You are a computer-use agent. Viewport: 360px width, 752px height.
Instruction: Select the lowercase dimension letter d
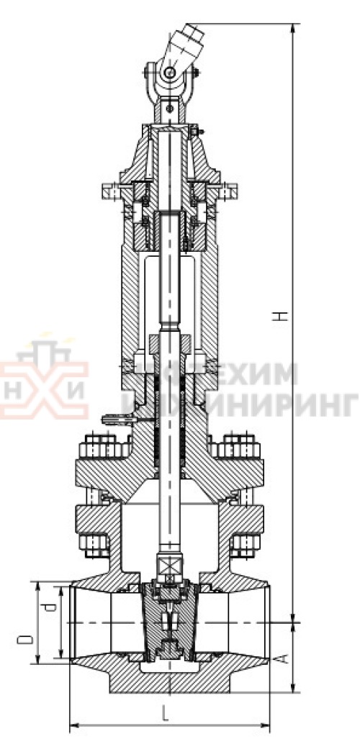click(48, 610)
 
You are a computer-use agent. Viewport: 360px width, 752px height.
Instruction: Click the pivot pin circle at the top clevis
click(168, 73)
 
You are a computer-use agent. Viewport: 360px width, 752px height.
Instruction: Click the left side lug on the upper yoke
click(109, 193)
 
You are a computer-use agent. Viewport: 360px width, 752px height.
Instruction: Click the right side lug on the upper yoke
click(229, 193)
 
